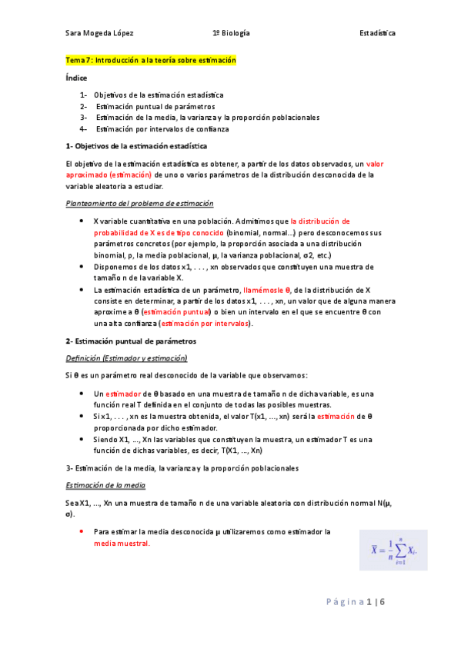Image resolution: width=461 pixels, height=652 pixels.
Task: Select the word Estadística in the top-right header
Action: click(x=377, y=34)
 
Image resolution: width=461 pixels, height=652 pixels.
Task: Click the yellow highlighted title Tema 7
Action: click(x=151, y=60)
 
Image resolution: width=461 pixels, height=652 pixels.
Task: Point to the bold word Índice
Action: click(x=77, y=78)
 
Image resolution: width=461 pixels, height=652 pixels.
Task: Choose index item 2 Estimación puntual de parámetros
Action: click(x=155, y=106)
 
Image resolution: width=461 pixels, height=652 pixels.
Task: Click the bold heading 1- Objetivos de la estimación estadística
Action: click(x=136, y=145)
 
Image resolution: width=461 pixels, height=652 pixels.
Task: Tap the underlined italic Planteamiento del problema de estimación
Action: click(x=139, y=203)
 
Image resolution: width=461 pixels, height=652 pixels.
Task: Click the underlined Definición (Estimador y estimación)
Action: click(x=126, y=358)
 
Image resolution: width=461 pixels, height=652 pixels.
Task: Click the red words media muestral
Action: click(x=122, y=543)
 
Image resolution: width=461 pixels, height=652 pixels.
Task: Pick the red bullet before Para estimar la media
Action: click(x=82, y=531)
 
